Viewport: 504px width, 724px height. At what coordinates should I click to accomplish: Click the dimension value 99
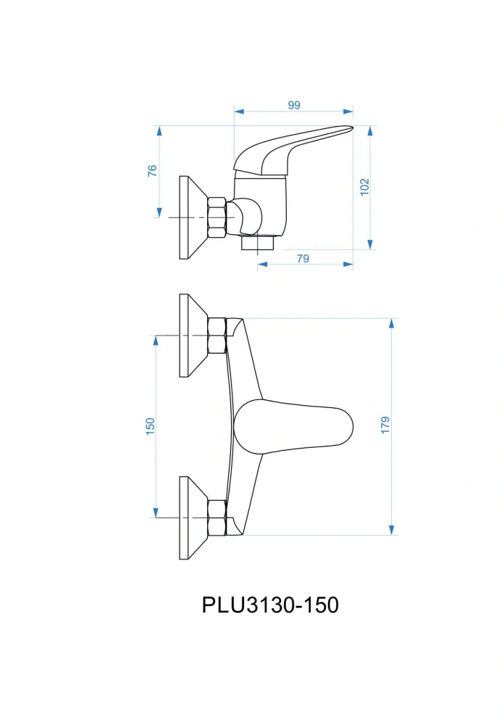point(293,105)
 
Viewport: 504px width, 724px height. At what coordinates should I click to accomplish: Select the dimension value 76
point(152,171)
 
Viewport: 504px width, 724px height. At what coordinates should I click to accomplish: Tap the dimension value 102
point(364,186)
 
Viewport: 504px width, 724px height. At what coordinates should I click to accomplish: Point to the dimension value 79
point(303,258)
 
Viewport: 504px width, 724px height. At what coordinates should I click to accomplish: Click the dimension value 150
point(151,425)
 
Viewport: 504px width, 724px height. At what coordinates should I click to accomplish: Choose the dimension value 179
point(385,425)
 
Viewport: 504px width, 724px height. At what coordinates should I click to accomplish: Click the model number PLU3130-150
point(270,604)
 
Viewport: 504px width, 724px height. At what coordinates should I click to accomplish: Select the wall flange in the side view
point(190,217)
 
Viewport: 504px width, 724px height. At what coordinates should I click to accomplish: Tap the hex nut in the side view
point(217,217)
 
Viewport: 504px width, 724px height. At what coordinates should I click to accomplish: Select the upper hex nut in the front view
point(217,335)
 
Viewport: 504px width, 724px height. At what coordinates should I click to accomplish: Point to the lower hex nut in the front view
point(217,517)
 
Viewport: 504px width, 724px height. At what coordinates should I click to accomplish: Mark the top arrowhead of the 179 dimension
point(392,323)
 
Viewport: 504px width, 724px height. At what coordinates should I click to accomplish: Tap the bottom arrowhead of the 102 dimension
point(370,244)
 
